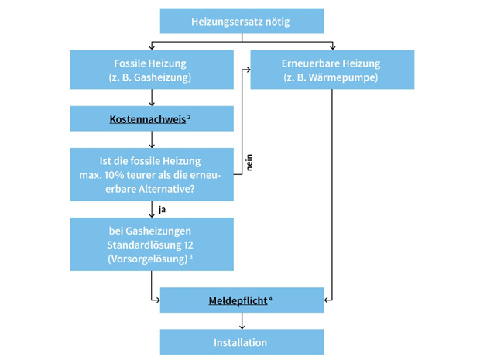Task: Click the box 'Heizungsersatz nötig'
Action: pos(242,22)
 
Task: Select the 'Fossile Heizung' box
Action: pos(151,70)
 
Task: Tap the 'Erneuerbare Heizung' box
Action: pos(331,70)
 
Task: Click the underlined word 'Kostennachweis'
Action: pos(147,120)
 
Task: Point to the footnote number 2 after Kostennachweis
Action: pos(190,117)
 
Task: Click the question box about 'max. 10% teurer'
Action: pos(151,174)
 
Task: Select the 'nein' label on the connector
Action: pos(249,163)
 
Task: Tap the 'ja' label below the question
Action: pos(162,210)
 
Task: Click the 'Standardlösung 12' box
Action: pos(151,244)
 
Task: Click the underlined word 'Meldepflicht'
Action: pos(238,300)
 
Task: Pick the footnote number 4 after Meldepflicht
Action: pos(271,297)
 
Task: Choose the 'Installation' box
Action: pos(242,342)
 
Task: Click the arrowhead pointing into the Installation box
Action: pos(242,326)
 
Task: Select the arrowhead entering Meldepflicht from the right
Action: pos(327,300)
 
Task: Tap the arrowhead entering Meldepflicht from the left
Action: pos(157,300)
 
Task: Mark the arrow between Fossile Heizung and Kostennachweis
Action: pos(152,98)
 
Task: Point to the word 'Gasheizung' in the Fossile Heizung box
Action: pos(160,77)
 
